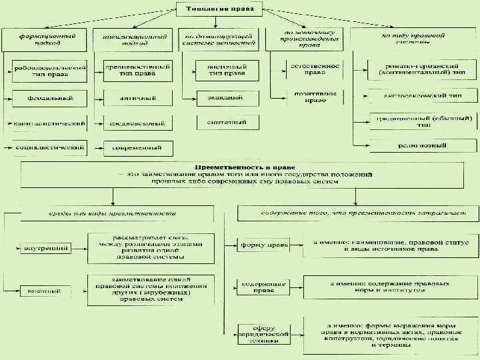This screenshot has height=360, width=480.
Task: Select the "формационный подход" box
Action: point(46,39)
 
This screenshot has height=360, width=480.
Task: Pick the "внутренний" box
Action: point(46,248)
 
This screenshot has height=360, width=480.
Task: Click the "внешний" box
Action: point(46,291)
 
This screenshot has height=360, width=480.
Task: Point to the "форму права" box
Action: point(264,245)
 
